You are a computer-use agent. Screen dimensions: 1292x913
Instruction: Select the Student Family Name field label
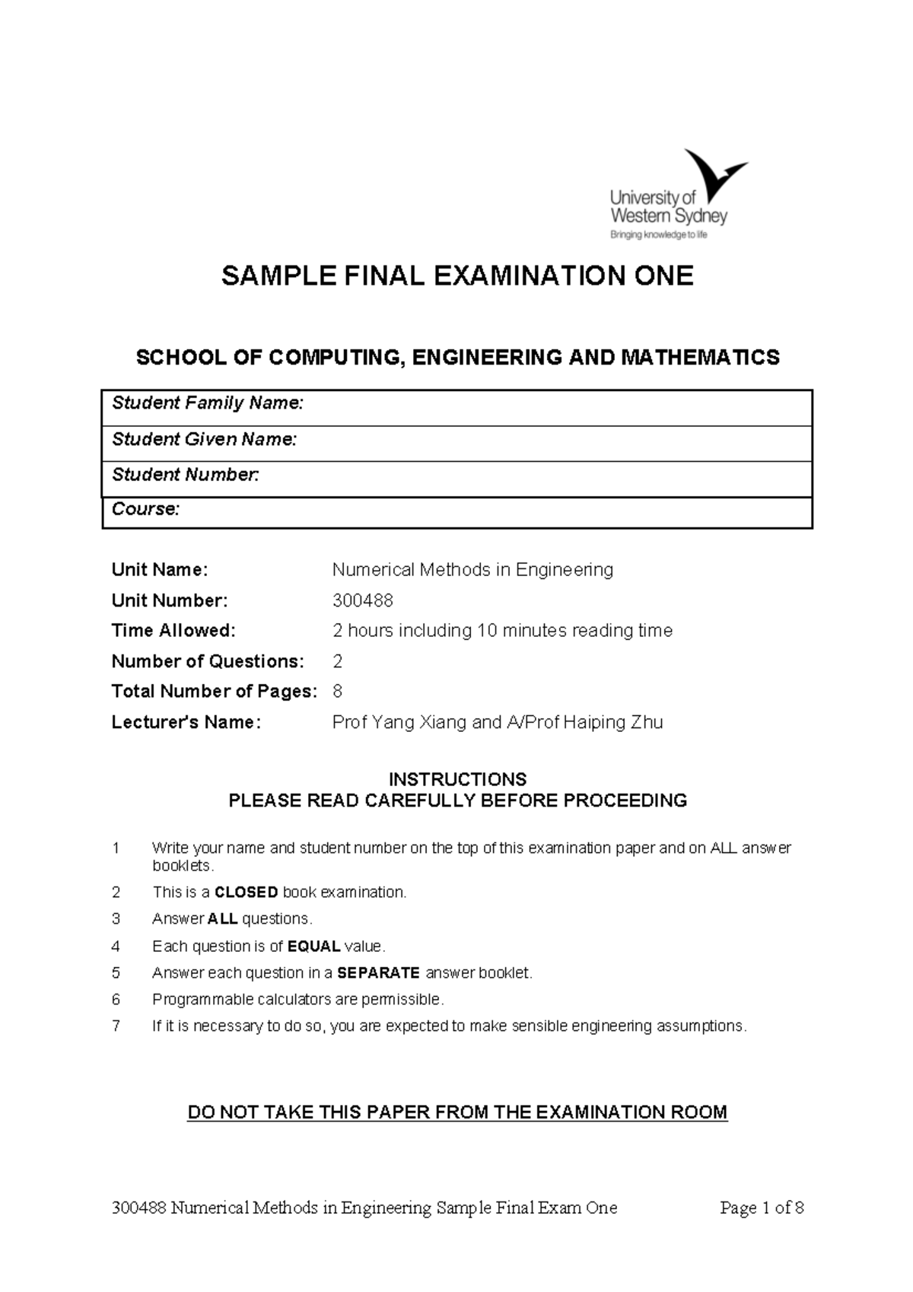(208, 403)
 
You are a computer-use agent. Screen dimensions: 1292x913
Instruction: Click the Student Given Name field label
(204, 439)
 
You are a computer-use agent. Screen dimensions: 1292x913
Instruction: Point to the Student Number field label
(186, 475)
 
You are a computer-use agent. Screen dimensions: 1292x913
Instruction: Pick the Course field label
(145, 509)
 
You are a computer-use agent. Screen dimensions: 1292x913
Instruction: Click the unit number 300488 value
(363, 600)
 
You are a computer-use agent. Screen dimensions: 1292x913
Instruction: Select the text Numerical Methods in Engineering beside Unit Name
(472, 570)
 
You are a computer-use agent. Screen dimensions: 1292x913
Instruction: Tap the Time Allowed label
(173, 631)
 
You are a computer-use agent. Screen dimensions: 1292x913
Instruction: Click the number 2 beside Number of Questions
(338, 661)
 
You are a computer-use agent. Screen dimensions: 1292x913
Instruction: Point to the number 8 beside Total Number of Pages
(338, 692)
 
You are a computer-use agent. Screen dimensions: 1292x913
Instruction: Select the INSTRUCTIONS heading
(457, 779)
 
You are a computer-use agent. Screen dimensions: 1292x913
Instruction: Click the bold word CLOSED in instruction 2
(247, 893)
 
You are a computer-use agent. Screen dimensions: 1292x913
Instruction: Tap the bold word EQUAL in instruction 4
(313, 947)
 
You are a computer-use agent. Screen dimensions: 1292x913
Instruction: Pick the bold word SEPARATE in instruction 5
(378, 973)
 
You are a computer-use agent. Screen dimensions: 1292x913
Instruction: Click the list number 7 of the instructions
(116, 1026)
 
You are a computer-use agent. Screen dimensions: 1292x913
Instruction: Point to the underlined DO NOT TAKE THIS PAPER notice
(457, 1112)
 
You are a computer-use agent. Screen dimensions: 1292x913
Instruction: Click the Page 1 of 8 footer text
(762, 1208)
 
